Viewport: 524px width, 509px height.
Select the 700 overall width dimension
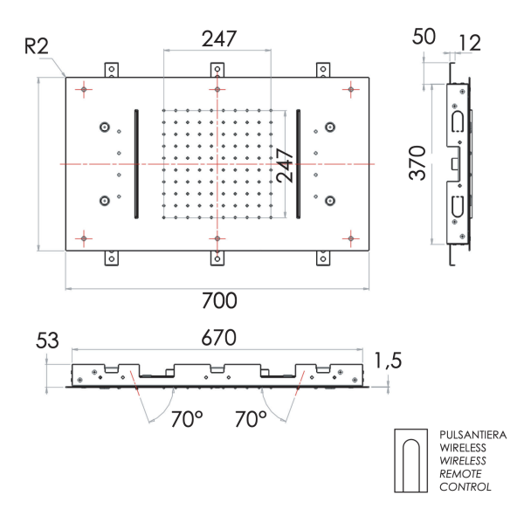(x=217, y=301)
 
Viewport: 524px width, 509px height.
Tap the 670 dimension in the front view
(x=219, y=337)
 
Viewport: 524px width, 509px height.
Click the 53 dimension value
(x=47, y=339)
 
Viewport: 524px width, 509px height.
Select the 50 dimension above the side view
(x=425, y=37)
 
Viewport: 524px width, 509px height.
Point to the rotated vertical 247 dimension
(x=285, y=162)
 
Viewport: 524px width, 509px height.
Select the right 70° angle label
(x=251, y=419)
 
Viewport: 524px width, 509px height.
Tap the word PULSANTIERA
(x=472, y=434)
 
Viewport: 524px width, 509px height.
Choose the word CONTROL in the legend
(x=465, y=486)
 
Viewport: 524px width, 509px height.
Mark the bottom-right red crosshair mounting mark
(x=350, y=237)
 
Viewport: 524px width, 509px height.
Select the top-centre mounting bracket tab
(x=217, y=70)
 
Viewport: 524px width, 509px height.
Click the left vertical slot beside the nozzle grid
(x=135, y=163)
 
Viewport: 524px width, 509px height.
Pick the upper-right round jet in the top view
(x=330, y=127)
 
